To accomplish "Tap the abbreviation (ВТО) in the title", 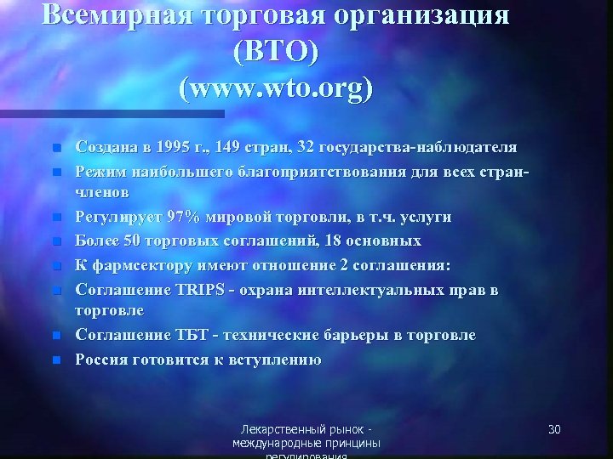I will [x=275, y=53].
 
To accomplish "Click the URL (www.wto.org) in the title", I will [x=275, y=88].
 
